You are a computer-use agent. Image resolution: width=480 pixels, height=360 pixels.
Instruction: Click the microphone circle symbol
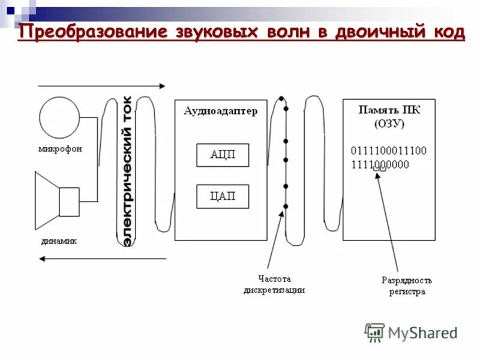pyautogui.click(x=59, y=117)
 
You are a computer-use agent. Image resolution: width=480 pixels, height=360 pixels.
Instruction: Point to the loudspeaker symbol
pyautogui.click(x=57, y=200)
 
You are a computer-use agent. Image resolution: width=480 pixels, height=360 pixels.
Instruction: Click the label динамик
pyautogui.click(x=59, y=241)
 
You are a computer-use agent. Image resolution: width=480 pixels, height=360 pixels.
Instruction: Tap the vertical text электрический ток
pyautogui.click(x=127, y=170)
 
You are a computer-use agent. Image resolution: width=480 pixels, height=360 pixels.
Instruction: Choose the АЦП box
pyautogui.click(x=223, y=155)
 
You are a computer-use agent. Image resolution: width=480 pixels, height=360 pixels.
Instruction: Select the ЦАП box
pyautogui.click(x=223, y=196)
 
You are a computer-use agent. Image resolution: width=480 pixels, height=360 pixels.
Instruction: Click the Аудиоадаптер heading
pyautogui.click(x=220, y=110)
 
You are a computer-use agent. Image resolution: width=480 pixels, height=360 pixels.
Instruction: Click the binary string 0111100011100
pyautogui.click(x=389, y=151)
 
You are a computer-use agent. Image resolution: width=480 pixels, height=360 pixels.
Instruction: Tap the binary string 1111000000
pyautogui.click(x=380, y=164)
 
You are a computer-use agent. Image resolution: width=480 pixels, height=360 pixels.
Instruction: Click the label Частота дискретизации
pyautogui.click(x=274, y=284)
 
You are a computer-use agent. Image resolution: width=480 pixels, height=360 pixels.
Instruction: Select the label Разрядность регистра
pyautogui.click(x=406, y=286)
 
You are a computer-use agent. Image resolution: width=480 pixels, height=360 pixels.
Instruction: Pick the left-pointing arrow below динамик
pyautogui.click(x=102, y=259)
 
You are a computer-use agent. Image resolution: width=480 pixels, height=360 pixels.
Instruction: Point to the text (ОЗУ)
pyautogui.click(x=389, y=124)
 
